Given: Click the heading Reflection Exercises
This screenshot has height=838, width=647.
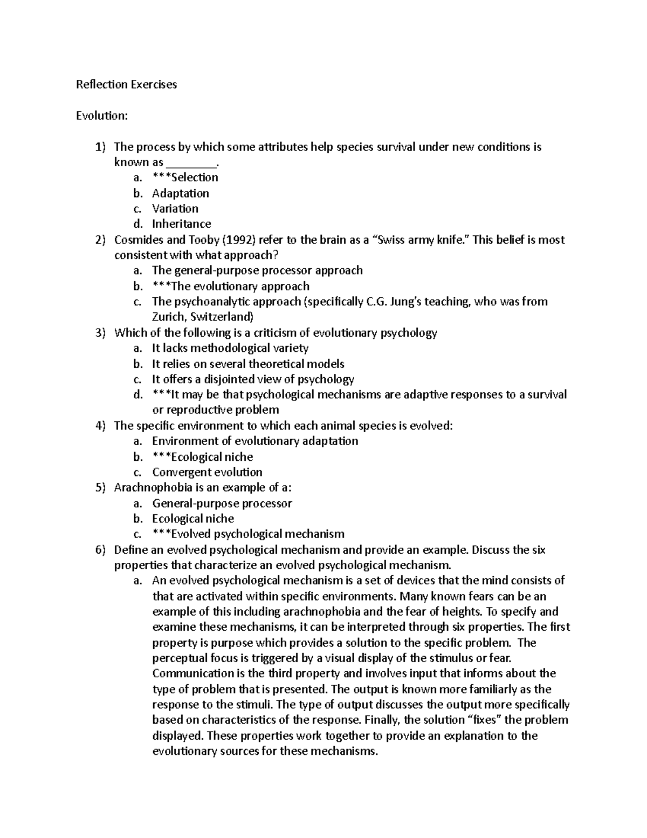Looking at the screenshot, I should point(126,85).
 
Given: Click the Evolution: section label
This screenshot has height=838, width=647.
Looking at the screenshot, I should point(102,116).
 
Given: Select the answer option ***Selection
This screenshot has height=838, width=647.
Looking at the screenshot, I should point(185,178).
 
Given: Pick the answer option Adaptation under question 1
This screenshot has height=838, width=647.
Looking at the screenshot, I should point(180,193).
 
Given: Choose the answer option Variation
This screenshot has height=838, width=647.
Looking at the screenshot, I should point(175,209).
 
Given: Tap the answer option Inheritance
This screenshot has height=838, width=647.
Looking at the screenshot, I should point(181,224).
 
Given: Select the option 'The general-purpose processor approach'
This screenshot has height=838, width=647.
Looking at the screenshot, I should point(257,270).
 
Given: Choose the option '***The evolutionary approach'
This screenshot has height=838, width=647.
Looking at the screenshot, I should point(231,287).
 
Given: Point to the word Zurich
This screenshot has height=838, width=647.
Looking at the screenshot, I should point(168,317).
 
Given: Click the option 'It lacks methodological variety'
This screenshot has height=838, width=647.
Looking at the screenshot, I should point(230,349).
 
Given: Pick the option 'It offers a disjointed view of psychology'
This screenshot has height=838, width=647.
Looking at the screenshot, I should point(253,379).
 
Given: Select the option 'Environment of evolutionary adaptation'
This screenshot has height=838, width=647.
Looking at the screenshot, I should point(255,441).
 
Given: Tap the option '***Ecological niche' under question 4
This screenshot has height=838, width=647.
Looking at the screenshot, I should point(202,457).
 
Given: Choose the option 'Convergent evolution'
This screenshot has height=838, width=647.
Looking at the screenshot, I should point(207,473).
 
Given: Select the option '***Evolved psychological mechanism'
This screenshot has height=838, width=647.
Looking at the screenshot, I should point(248,534).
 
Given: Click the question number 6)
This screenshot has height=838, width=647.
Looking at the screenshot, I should point(101,550).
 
